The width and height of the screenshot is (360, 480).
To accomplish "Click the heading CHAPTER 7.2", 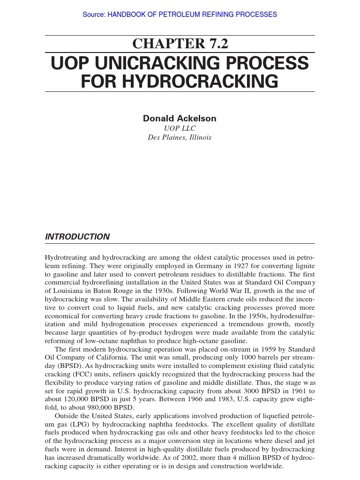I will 180,44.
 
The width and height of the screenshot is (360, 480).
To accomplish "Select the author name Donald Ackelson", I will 180,119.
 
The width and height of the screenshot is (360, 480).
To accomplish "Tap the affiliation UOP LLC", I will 180,128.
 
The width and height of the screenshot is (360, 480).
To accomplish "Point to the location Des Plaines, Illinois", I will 180,138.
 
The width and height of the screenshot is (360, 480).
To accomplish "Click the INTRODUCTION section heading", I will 77,237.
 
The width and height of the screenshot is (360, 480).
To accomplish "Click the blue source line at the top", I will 180,15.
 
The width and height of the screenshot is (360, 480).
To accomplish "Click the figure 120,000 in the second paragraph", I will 75,399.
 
